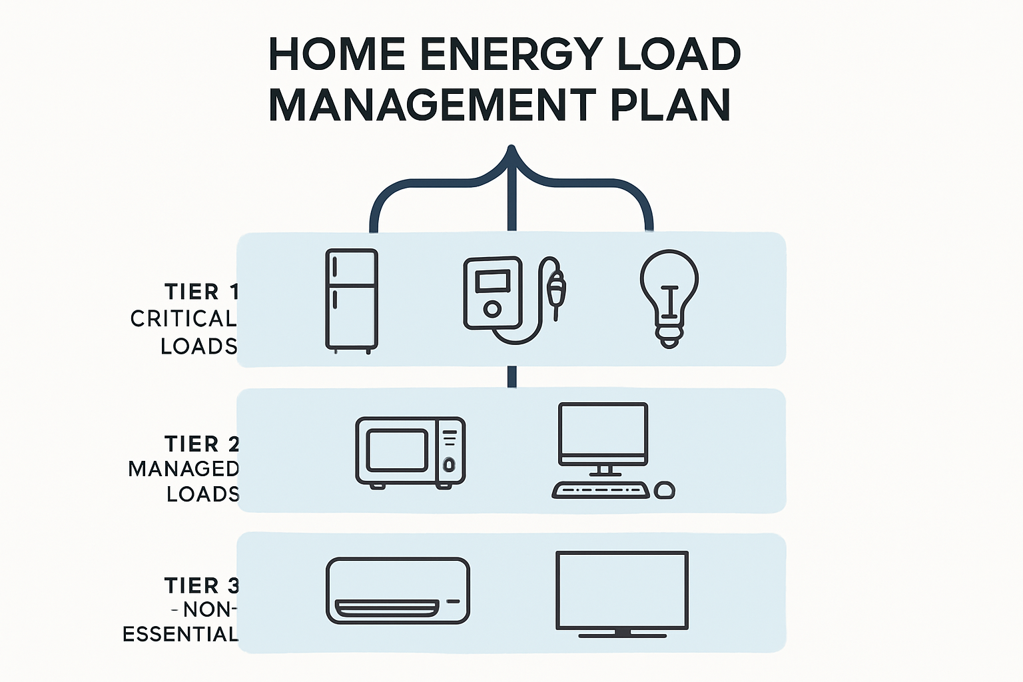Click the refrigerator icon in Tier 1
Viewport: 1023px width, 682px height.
(x=352, y=300)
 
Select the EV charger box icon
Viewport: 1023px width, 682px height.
(x=492, y=293)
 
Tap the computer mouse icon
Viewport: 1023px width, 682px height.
(x=665, y=491)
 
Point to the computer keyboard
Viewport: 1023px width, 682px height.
(x=601, y=491)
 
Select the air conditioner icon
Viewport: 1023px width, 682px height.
(x=398, y=591)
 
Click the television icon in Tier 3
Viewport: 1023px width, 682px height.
(x=621, y=591)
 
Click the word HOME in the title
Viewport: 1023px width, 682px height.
(x=337, y=55)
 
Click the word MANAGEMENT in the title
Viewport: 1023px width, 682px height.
(x=432, y=105)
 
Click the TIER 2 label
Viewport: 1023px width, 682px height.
(x=201, y=444)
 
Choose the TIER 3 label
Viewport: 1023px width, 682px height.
(x=201, y=585)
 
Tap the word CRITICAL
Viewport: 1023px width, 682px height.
(x=183, y=319)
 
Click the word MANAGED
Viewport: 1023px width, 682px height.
(x=183, y=469)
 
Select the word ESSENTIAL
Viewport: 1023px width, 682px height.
(x=180, y=634)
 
